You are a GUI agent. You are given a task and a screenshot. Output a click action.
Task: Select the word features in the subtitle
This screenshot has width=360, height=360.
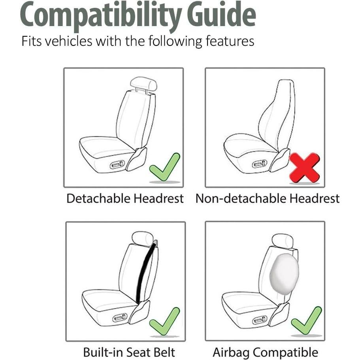pyautogui.click(x=230, y=41)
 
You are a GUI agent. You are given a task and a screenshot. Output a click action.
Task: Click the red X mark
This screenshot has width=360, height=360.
pyautogui.click(x=304, y=168)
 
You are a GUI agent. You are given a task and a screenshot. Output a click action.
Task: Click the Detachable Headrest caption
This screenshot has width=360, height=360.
pyautogui.click(x=125, y=198)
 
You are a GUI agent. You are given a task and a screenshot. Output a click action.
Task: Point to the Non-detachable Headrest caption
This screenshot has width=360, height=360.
pyautogui.click(x=268, y=198)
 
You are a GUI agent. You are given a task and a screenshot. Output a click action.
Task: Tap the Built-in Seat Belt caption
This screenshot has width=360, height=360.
pyautogui.click(x=129, y=352)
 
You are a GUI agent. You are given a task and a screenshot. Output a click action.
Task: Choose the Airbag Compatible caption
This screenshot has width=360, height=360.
pyautogui.click(x=266, y=352)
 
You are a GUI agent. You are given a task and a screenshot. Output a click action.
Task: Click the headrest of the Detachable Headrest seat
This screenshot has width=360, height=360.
pyautogui.click(x=143, y=84)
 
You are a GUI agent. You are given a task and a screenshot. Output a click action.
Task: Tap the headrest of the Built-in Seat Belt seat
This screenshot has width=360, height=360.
pyautogui.click(x=143, y=238)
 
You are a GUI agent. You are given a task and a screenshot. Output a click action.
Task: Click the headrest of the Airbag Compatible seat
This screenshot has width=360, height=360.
pyautogui.click(x=283, y=241)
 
